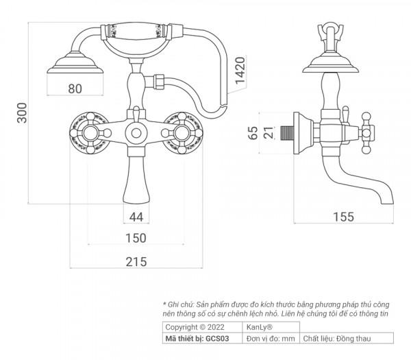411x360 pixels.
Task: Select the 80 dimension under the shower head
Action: (x=75, y=88)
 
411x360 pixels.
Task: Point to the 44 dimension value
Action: (x=136, y=217)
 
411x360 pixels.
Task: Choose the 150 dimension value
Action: (x=136, y=239)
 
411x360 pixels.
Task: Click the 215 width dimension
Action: (x=136, y=261)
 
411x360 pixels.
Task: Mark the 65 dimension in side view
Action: (x=253, y=132)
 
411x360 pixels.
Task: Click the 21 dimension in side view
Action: (x=269, y=132)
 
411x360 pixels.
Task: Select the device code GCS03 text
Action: (x=203, y=338)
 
